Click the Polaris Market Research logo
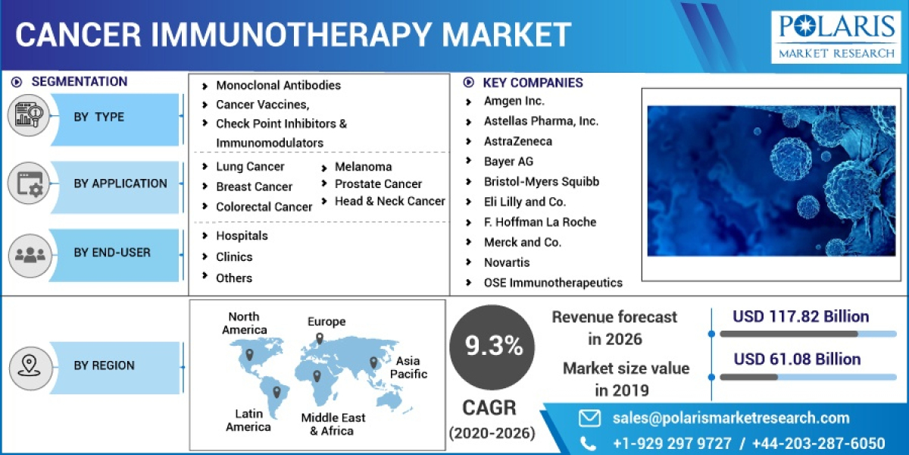[834, 36]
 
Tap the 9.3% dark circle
[494, 347]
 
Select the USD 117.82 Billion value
[801, 317]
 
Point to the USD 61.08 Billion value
[797, 359]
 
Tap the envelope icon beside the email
[589, 418]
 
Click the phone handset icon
[588, 443]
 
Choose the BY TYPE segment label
[99, 117]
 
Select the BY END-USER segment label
[112, 253]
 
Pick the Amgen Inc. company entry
[514, 101]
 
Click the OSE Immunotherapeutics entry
[553, 283]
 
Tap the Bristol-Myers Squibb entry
[541, 181]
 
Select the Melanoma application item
[364, 167]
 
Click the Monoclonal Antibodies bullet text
[278, 85]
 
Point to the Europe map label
[326, 322]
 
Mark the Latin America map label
[248, 420]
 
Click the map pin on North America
[249, 354]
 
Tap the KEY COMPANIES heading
[533, 83]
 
